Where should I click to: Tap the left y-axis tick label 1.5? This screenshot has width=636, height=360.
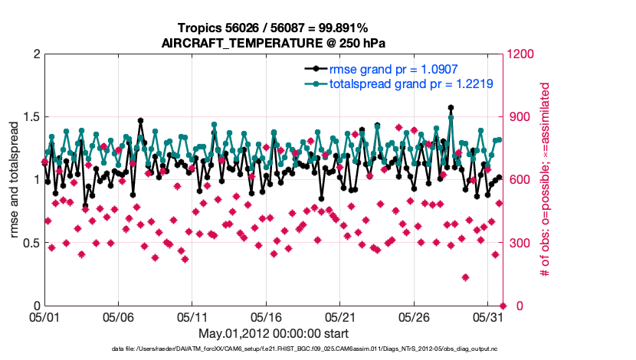(x=30, y=117)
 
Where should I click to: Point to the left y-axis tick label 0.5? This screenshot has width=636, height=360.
(x=30, y=243)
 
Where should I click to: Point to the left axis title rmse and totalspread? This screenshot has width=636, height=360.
(x=15, y=180)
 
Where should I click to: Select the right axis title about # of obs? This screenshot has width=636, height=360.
(x=546, y=180)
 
